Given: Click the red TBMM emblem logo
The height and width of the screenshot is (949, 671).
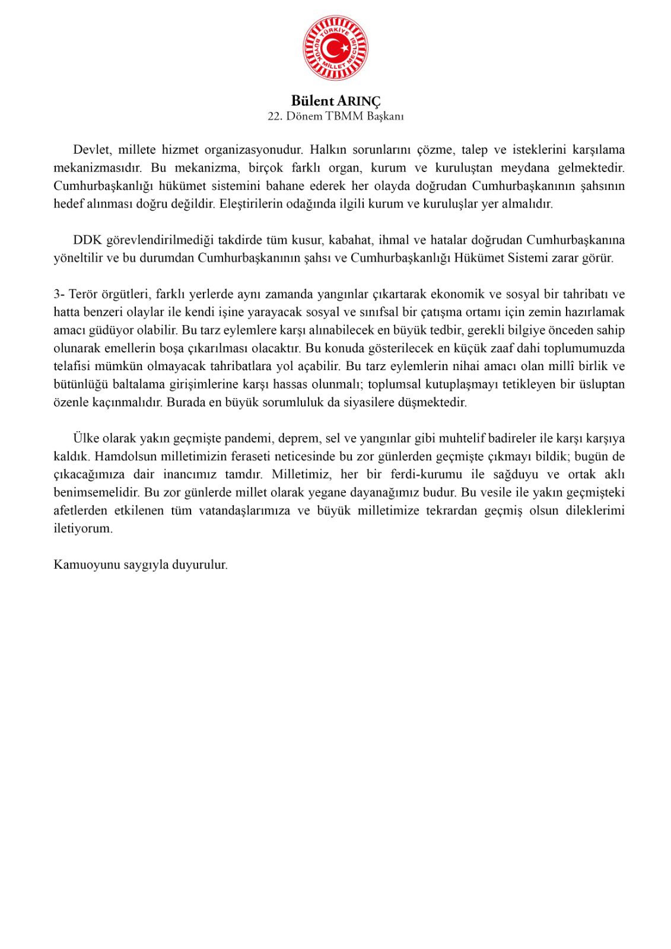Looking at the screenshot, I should point(335,47).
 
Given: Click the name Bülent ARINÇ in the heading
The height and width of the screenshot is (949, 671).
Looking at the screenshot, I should point(335,100).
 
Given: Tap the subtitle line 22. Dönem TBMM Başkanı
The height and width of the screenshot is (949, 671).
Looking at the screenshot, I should point(335,116).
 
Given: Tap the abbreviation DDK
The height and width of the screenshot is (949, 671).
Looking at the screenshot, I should point(87,240).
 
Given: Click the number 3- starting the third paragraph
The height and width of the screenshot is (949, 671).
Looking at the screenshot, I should point(59,294).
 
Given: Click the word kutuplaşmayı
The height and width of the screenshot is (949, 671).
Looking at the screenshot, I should point(454,384).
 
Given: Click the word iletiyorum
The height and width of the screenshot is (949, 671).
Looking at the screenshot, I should point(83,528).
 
